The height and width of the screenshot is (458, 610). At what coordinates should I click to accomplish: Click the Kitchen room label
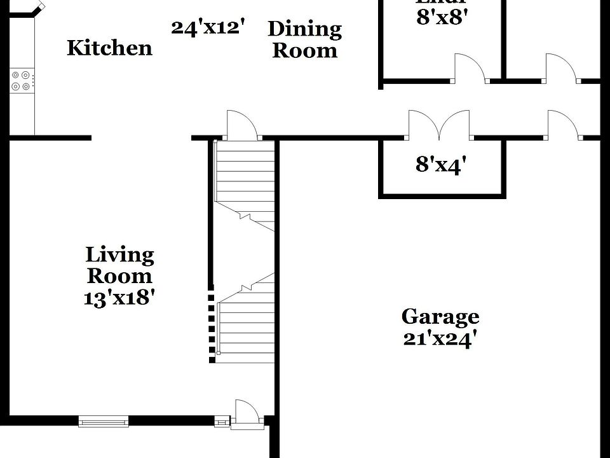[109, 48]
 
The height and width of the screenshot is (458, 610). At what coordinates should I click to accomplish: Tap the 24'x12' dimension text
[208, 27]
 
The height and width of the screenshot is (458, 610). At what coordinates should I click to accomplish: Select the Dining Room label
[304, 39]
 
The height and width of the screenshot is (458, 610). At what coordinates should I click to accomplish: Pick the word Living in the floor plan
[119, 256]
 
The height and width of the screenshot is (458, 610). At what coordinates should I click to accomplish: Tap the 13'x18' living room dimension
[119, 297]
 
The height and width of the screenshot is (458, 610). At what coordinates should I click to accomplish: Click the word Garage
[440, 316]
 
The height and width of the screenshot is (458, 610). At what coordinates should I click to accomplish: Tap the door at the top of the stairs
[242, 125]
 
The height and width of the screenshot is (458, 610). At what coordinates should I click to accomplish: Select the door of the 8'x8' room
[470, 68]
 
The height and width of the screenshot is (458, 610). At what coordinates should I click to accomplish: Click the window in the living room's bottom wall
[103, 420]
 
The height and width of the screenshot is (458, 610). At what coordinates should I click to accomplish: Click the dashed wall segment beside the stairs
[212, 328]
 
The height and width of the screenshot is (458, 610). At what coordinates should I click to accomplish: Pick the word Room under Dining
[304, 51]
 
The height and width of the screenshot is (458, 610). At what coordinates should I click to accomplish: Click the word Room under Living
[119, 276]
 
